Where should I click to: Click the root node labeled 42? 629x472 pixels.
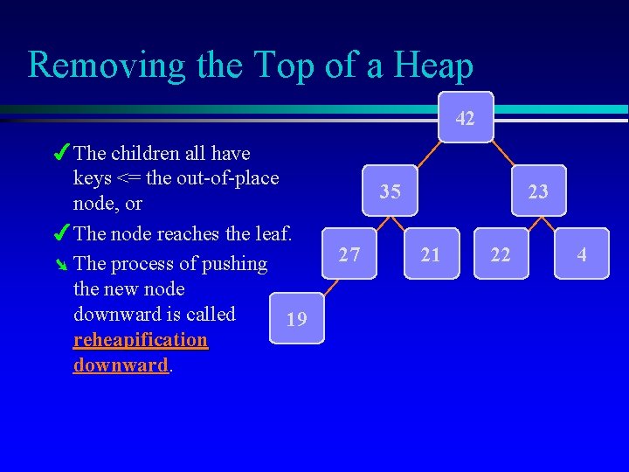coord(466,117)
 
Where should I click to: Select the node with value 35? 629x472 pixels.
coord(391,191)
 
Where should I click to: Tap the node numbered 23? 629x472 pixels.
coord(539,191)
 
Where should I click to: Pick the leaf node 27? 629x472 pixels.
coord(349,254)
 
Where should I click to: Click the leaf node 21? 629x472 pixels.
coord(431,254)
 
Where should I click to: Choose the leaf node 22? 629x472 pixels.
coord(501,254)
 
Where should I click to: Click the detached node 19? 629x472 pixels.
coord(297,319)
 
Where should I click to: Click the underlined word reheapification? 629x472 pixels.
coord(141,339)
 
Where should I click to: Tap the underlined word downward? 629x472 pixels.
coord(121,364)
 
